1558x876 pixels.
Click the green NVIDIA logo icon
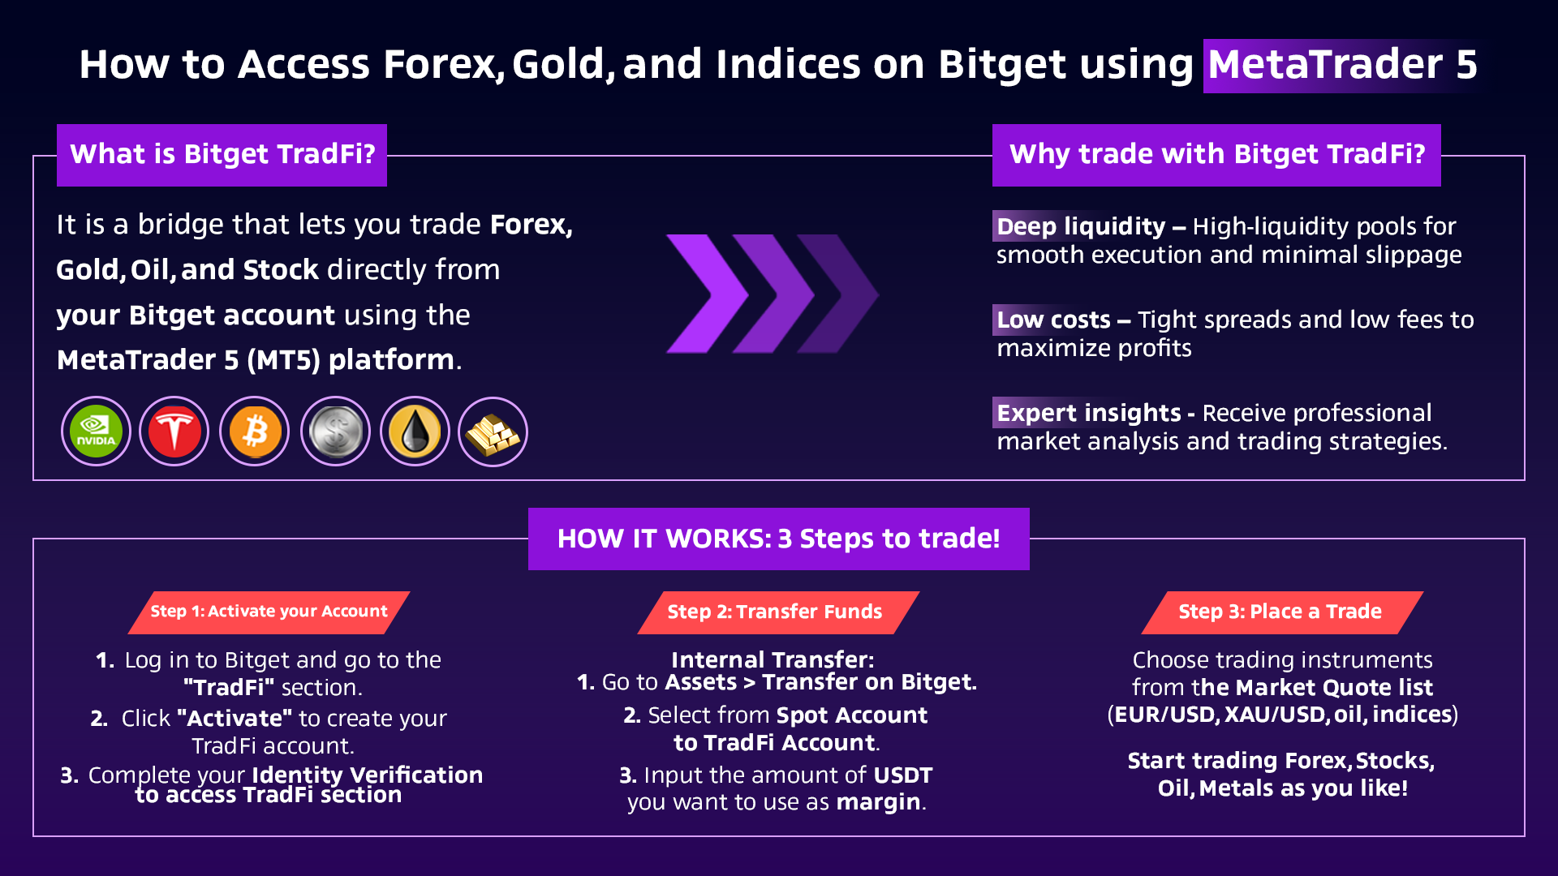[x=96, y=432]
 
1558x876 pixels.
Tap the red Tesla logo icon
[x=174, y=432]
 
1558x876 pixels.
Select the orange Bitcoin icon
[x=255, y=432]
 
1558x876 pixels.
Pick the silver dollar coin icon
[x=335, y=432]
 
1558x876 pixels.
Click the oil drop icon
[x=415, y=432]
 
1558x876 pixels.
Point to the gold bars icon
[x=493, y=432]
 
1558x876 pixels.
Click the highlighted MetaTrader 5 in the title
[x=1343, y=65]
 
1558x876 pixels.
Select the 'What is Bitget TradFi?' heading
[x=222, y=155]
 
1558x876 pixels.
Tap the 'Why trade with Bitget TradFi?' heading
[x=1216, y=155]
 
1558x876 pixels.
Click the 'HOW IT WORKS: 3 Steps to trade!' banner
[x=779, y=539]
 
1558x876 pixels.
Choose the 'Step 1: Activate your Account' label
[x=269, y=612]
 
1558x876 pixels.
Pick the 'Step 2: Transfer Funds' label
[x=778, y=612]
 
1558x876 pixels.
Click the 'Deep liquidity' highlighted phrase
[x=1081, y=226]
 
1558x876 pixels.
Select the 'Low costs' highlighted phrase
[x=1053, y=320]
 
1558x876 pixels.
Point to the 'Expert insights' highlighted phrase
[x=1088, y=413]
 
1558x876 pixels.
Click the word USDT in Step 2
[x=902, y=775]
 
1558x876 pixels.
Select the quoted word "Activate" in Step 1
[x=235, y=719]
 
